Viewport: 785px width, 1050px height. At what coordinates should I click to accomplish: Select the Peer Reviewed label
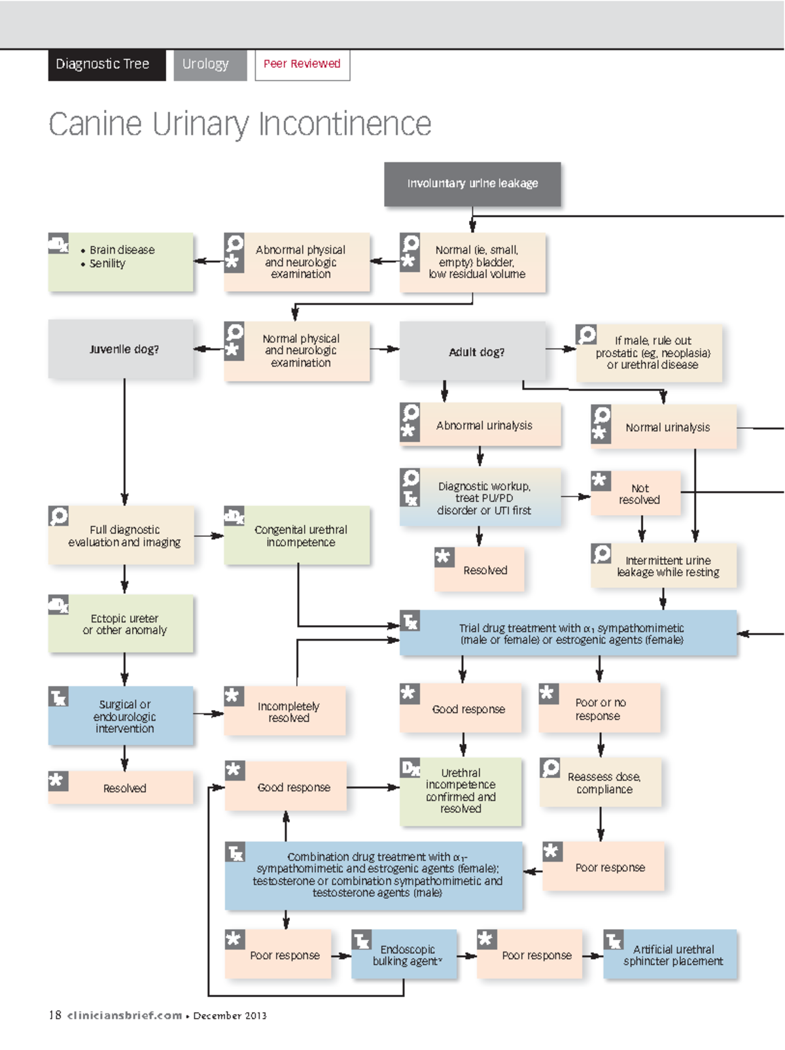(302, 64)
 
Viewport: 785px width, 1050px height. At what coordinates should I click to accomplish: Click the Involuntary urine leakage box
(472, 184)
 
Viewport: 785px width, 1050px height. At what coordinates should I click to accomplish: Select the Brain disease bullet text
(122, 250)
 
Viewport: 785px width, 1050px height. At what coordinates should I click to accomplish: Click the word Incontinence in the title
(345, 124)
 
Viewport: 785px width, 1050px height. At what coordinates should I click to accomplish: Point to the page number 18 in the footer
(55, 1015)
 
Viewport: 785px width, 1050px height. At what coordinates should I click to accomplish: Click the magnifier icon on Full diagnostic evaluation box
(58, 516)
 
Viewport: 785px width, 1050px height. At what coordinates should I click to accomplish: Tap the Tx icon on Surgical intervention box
(58, 697)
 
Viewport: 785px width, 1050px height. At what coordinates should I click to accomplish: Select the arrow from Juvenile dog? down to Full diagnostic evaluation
(124, 445)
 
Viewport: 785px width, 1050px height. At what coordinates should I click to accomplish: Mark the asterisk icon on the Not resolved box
(600, 481)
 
